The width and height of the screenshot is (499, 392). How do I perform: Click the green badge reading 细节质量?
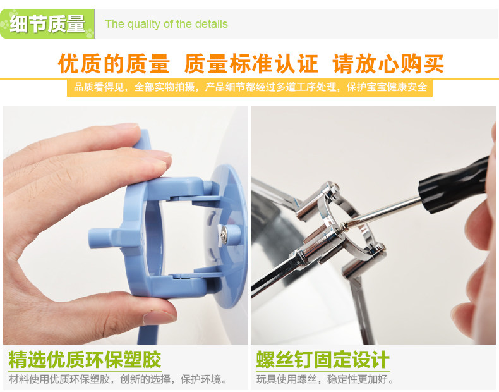click(x=48, y=24)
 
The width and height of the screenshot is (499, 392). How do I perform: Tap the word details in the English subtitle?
click(x=212, y=24)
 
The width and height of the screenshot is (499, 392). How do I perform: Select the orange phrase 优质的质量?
click(x=114, y=64)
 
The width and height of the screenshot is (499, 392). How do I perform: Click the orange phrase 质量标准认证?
click(x=251, y=64)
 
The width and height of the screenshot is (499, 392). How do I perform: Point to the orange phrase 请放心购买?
click(x=388, y=64)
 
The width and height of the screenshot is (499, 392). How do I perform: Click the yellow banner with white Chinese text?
click(x=250, y=87)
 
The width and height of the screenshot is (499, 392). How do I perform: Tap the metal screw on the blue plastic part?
click(x=224, y=235)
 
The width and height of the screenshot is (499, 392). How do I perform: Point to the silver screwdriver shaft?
click(x=382, y=212)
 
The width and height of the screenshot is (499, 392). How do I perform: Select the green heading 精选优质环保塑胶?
click(x=85, y=360)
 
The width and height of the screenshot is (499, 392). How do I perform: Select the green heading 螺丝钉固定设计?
click(x=323, y=360)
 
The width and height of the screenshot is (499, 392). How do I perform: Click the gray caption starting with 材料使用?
click(x=118, y=379)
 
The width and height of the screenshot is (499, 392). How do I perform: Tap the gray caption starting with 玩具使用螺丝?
click(x=325, y=379)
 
